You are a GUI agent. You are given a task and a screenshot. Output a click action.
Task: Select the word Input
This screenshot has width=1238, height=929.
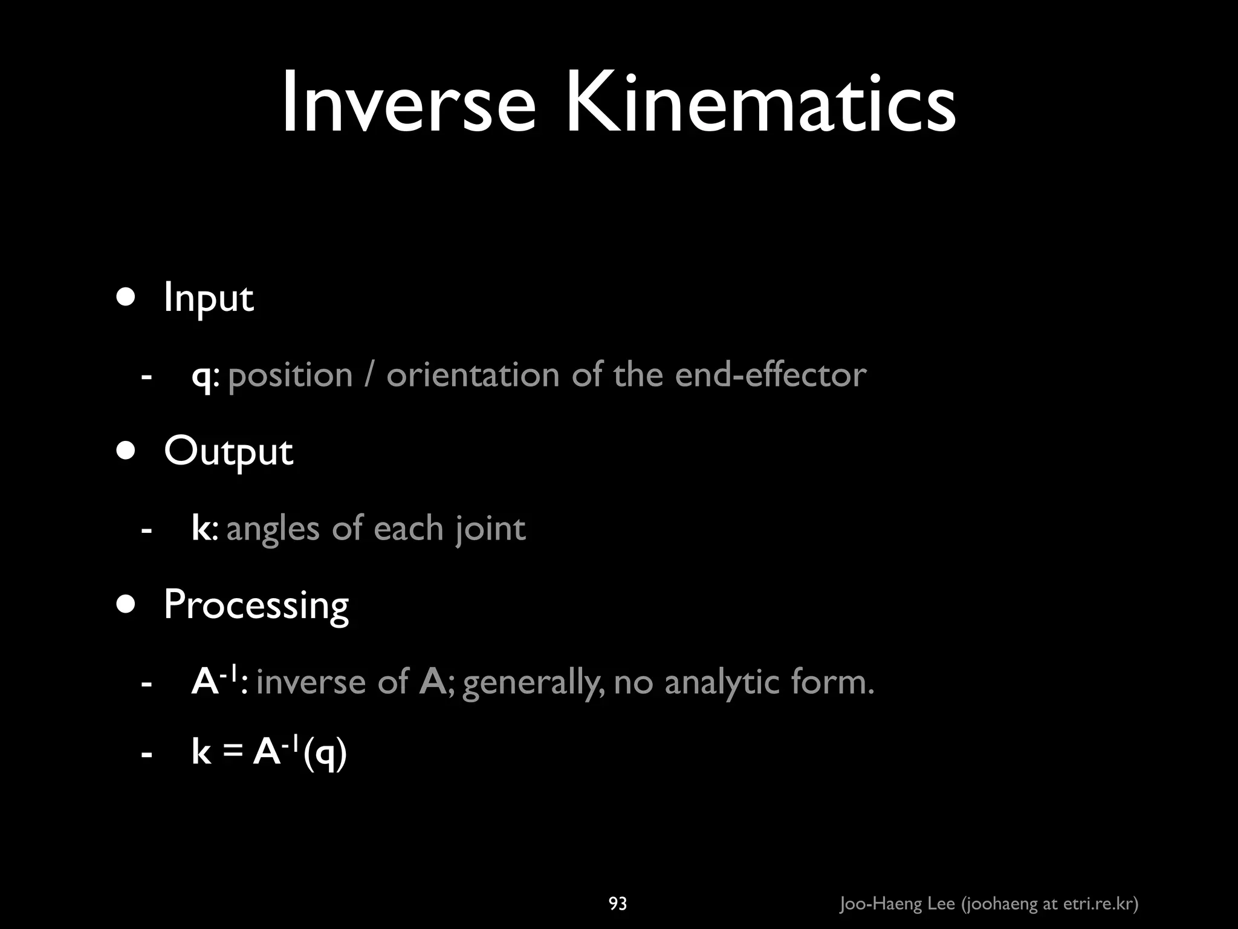[x=209, y=298]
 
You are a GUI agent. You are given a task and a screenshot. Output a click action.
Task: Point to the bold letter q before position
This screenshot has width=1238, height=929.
[x=201, y=377]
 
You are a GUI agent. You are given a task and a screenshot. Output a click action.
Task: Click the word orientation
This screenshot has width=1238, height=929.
[x=473, y=375]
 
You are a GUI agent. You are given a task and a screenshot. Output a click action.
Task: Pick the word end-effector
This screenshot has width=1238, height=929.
[x=770, y=375]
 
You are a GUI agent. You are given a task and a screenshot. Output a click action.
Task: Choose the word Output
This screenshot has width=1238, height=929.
[x=228, y=452]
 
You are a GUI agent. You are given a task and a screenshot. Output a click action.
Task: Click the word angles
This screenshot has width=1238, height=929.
[x=272, y=529]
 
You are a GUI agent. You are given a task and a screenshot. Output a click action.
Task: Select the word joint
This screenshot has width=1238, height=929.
[x=490, y=529]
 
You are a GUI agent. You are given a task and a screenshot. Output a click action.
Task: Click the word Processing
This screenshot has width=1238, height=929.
[x=256, y=605]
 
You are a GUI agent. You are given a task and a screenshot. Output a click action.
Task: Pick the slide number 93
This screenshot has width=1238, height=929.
[x=617, y=904]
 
